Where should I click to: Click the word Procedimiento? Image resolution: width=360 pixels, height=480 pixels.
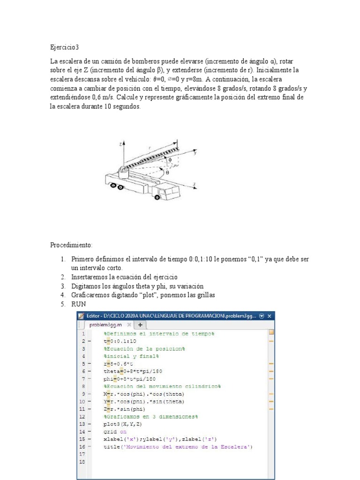pyautogui.click(x=72, y=245)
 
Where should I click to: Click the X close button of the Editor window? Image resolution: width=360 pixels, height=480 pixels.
pyautogui.click(x=270, y=316)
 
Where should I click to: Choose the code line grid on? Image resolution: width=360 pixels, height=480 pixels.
pyautogui.click(x=115, y=432)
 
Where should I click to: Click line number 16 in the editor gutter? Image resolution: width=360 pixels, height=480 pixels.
pyautogui.click(x=82, y=447)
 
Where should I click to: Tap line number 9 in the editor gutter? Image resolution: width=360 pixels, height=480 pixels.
pyautogui.click(x=83, y=394)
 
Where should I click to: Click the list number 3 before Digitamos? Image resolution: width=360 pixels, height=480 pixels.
pyautogui.click(x=62, y=286)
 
